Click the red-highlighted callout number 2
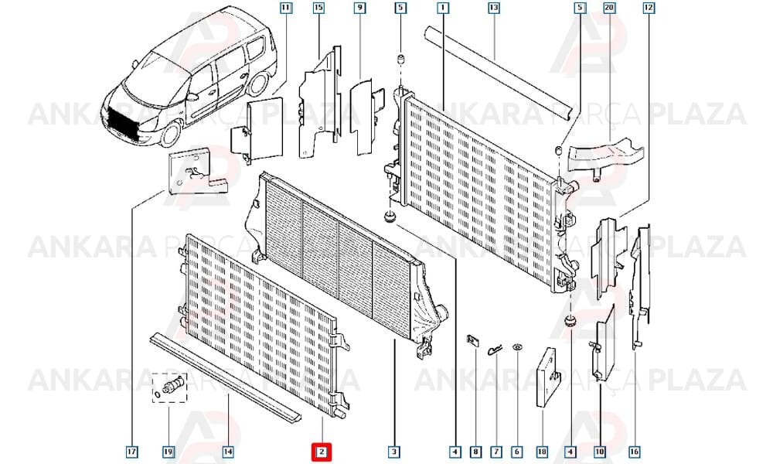[x=321, y=452]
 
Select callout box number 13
[x=493, y=8]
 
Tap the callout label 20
[x=609, y=8]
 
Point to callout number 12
[x=649, y=8]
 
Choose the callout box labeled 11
[x=285, y=8]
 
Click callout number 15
[x=318, y=8]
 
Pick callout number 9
[x=360, y=8]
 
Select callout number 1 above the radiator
[x=443, y=8]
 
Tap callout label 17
[x=131, y=451]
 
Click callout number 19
[x=169, y=451]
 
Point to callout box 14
[x=228, y=451]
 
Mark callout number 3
[x=393, y=451]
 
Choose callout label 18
[x=543, y=451]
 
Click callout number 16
[x=634, y=451]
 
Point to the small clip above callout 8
[x=473, y=341]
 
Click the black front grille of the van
[x=124, y=121]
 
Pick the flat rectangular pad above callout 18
[x=547, y=377]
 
